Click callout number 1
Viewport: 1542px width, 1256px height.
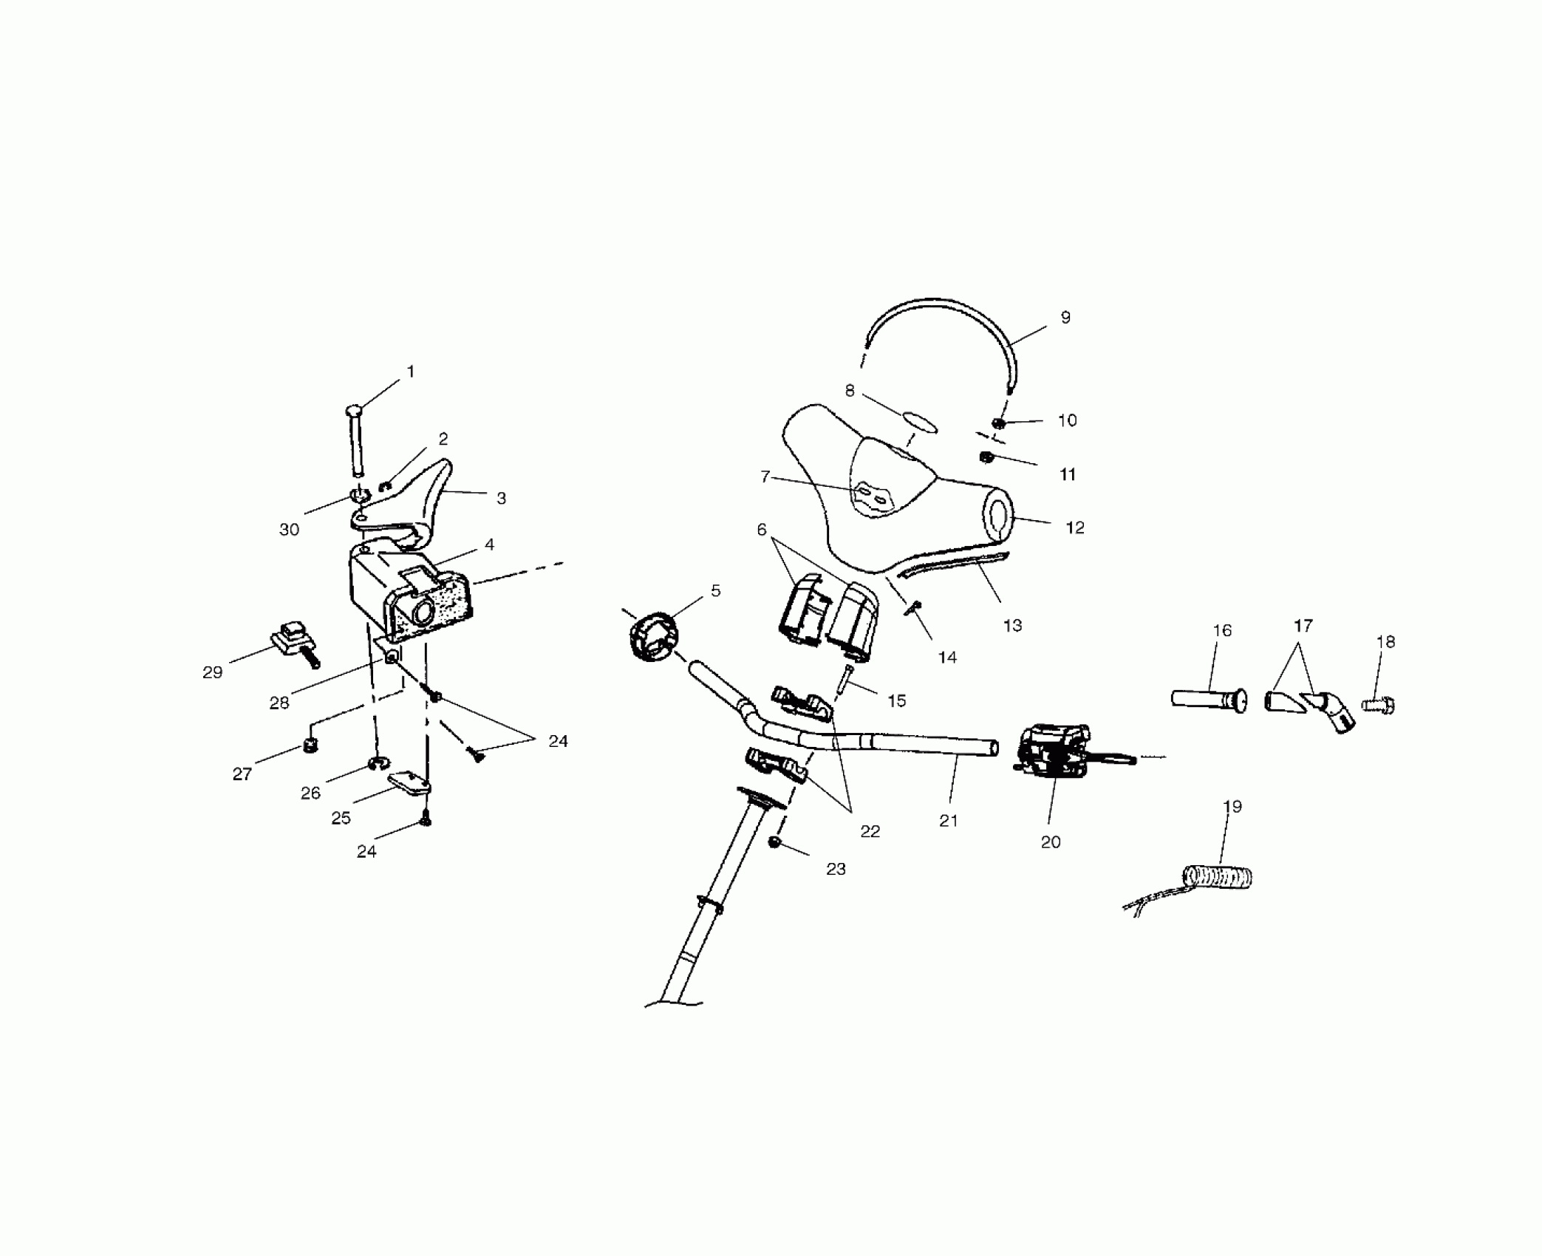click(411, 372)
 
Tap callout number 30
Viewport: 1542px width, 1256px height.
click(289, 529)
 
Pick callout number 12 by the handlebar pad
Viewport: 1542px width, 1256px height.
click(1074, 528)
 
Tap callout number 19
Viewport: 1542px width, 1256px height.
click(1232, 806)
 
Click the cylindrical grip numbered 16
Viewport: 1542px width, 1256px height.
click(1207, 699)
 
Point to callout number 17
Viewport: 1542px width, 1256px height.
click(1303, 626)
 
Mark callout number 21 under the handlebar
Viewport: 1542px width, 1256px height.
click(948, 820)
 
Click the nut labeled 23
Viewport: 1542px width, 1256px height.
click(775, 842)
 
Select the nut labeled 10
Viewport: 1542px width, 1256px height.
click(997, 423)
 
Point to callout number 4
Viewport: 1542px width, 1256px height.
click(489, 545)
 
